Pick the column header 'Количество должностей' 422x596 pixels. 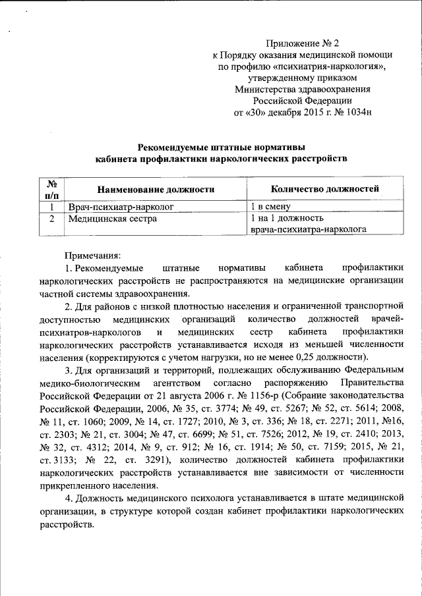[x=325, y=190]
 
